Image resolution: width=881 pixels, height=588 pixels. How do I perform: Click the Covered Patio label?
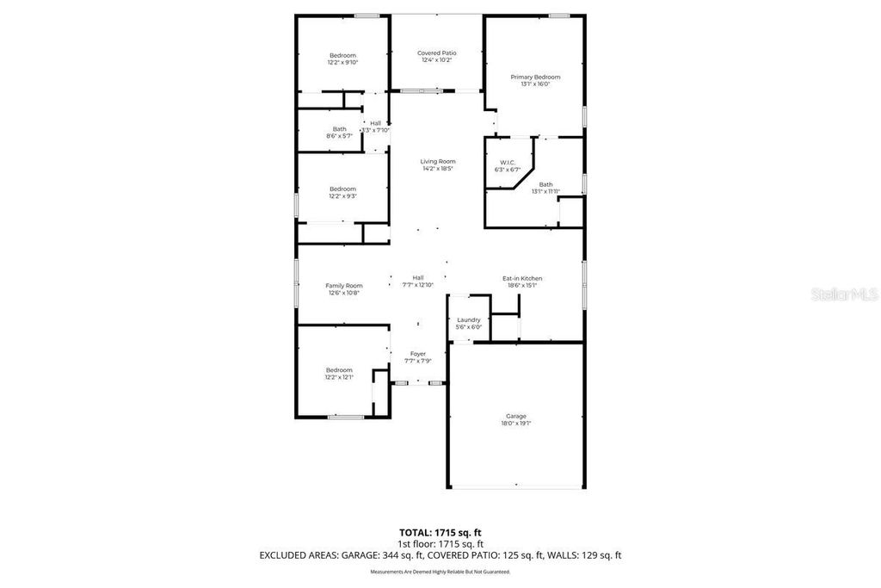pyautogui.click(x=438, y=53)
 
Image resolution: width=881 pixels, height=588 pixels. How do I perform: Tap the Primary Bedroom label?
pyautogui.click(x=535, y=77)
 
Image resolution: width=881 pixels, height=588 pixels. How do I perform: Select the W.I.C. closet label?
pyautogui.click(x=508, y=163)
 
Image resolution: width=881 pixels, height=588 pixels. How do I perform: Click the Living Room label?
pyautogui.click(x=438, y=162)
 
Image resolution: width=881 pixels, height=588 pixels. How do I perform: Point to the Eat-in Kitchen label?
pyautogui.click(x=522, y=278)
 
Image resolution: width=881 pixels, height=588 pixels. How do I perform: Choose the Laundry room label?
pyautogui.click(x=469, y=319)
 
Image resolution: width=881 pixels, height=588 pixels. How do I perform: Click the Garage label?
pyautogui.click(x=515, y=417)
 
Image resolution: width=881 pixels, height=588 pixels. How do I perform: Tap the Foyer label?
pyautogui.click(x=417, y=354)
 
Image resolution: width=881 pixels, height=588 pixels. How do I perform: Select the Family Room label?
pyautogui.click(x=343, y=286)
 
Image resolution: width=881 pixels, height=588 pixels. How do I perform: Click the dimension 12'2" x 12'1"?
pyautogui.click(x=339, y=377)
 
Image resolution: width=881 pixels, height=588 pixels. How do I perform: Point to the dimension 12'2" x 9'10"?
pyautogui.click(x=342, y=63)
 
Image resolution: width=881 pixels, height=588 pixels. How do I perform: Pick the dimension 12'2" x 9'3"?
pyautogui.click(x=342, y=196)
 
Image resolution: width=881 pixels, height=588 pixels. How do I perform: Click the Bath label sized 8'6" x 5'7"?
pyautogui.click(x=340, y=129)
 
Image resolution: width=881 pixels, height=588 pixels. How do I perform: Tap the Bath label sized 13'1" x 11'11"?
pyautogui.click(x=546, y=184)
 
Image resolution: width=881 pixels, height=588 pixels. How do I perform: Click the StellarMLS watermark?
pyautogui.click(x=848, y=294)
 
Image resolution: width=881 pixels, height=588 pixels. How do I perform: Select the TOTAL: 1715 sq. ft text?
pyautogui.click(x=440, y=532)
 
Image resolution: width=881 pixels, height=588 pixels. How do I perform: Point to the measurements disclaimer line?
pyautogui.click(x=440, y=572)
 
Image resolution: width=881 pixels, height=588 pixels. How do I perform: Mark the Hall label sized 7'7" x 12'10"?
pyautogui.click(x=417, y=278)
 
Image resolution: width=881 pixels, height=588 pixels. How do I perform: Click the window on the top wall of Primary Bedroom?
pyautogui.click(x=559, y=15)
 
